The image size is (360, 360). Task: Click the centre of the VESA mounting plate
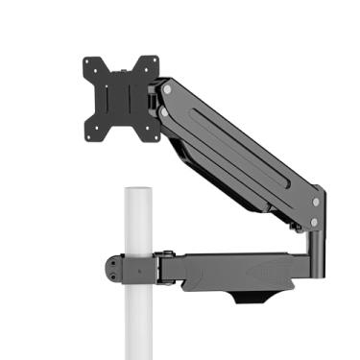click(x=121, y=96)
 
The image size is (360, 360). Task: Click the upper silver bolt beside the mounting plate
click(x=168, y=89)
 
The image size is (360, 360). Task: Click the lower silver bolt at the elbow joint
click(x=313, y=224)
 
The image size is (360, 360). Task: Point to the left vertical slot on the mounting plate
click(x=105, y=97)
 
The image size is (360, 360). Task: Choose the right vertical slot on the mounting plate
click(x=137, y=95)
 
